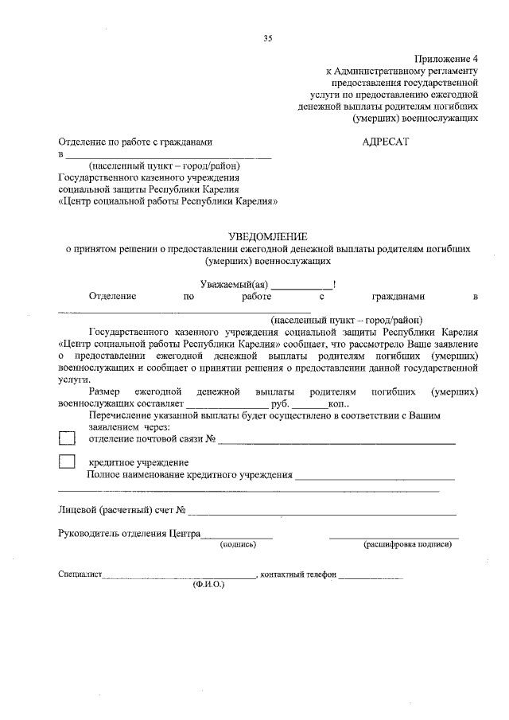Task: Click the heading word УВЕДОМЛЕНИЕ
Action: (267, 236)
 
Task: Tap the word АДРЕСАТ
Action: (384, 142)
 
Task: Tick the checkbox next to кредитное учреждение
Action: (68, 461)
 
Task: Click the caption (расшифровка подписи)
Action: (408, 545)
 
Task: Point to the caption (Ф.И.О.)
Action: (208, 585)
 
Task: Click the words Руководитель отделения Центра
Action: (129, 534)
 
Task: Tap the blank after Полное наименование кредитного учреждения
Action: (375, 477)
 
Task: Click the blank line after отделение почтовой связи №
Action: (337, 441)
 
